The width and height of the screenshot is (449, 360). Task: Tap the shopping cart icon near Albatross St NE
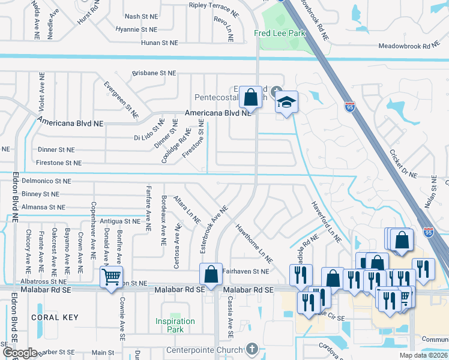111,278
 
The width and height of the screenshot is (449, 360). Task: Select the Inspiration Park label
175,325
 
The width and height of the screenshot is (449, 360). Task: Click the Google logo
19,353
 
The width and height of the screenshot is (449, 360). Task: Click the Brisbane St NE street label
155,73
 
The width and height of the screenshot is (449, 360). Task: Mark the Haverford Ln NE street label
326,221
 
